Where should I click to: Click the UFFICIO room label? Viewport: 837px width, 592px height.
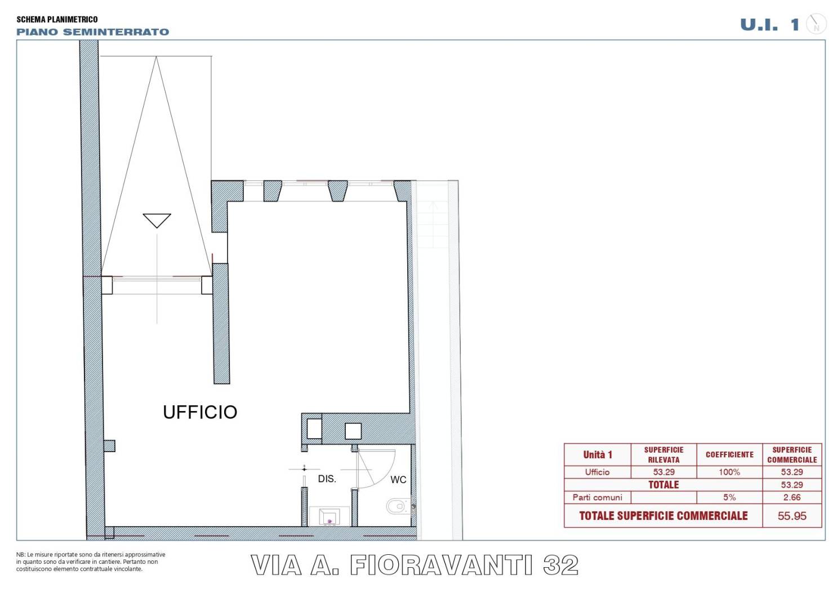200,412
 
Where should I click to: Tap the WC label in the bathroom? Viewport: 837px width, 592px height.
398,480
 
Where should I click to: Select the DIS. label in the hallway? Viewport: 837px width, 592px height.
327,479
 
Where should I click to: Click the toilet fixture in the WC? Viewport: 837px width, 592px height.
399,505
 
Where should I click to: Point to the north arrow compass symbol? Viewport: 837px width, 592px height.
816,24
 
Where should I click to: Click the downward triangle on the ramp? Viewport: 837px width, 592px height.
157,220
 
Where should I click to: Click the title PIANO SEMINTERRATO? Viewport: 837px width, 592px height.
93,32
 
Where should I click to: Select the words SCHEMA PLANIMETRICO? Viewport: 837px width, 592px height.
57,19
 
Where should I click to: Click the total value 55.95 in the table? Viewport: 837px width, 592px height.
792,516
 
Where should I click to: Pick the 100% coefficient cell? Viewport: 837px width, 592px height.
729,472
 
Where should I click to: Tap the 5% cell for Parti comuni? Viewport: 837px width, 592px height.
729,497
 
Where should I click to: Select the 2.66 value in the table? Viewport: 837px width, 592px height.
792,497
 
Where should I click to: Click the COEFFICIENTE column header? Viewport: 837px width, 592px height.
729,454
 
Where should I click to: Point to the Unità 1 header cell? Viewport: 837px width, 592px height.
598,454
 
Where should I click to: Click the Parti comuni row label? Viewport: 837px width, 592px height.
597,497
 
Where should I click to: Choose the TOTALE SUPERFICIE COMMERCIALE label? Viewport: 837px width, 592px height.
664,516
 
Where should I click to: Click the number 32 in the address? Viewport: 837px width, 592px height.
560,565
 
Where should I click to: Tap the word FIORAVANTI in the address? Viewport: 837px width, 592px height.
440,565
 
